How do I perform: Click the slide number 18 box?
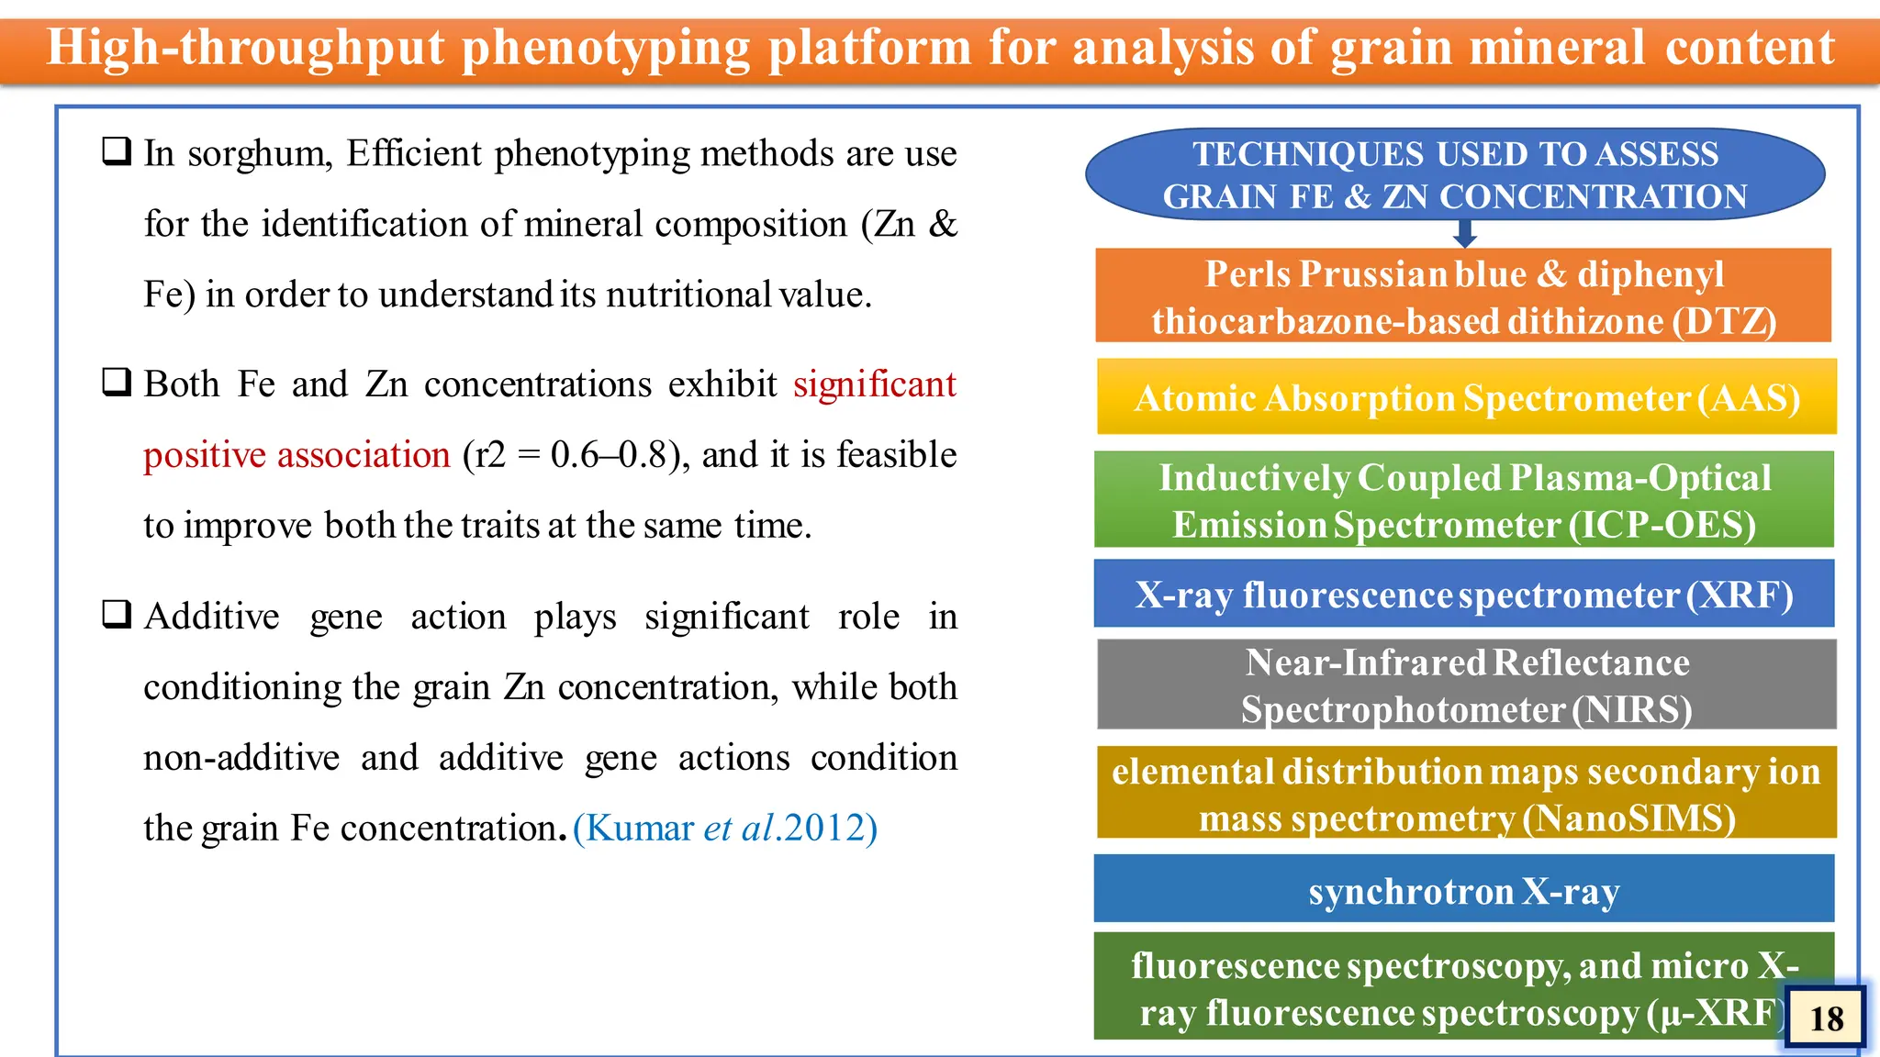1826,1018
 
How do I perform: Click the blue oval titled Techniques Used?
1455,174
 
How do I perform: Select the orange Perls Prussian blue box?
1463,296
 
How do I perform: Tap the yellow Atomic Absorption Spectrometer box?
1466,397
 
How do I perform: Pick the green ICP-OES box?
1463,500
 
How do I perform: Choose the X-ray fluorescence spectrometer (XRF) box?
1463,595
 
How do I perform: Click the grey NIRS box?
1466,685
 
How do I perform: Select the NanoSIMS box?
1466,794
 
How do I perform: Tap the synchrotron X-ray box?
1463,890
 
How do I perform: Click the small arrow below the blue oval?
1465,234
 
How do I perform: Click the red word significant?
874,384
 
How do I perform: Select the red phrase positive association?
297,455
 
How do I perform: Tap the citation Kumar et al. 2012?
725,828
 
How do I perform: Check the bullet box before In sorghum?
116,150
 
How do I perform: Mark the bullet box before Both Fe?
116,382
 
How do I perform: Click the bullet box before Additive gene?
116,614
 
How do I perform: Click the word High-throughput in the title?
245,48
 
